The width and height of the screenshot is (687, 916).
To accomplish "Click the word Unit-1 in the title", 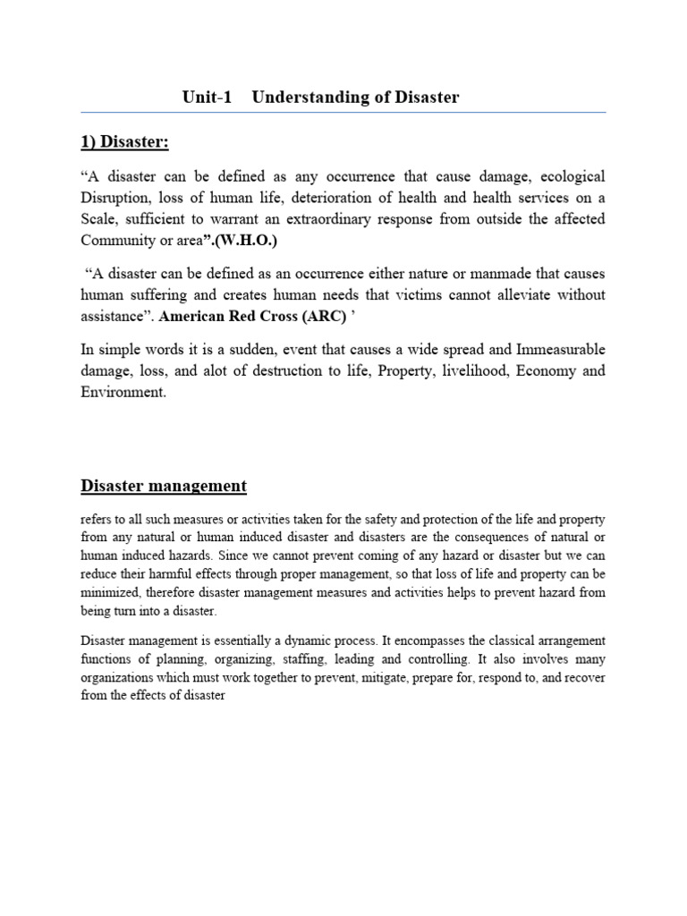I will (207, 98).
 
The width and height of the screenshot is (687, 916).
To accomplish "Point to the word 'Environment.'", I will (124, 392).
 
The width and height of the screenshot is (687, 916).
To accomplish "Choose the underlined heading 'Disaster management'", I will (164, 487).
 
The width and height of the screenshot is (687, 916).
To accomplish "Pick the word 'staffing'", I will (317, 658).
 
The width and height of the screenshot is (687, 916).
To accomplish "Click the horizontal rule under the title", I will (343, 113).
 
